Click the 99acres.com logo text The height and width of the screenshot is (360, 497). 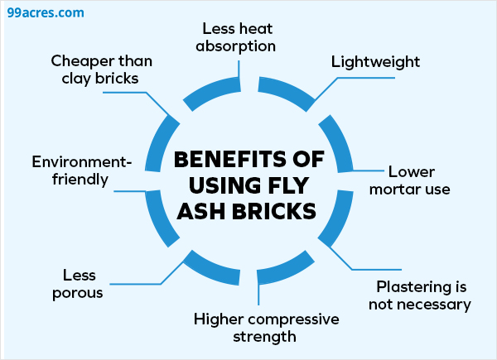tap(43, 14)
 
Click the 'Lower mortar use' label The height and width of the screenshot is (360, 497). tap(419, 180)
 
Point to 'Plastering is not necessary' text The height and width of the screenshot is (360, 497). tap(423, 295)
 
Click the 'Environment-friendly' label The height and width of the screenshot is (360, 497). tap(70, 170)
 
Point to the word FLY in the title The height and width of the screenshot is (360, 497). tap(297, 184)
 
